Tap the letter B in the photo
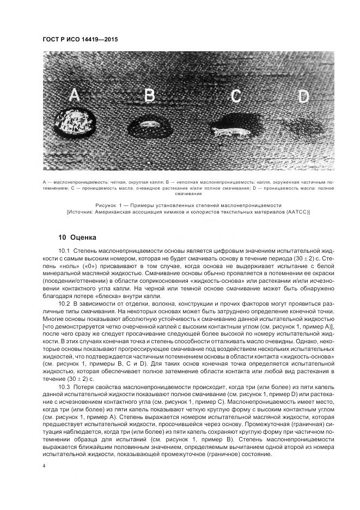[x=149, y=96]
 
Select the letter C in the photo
[x=235, y=96]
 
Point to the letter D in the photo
[x=303, y=97]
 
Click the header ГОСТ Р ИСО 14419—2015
[x=80, y=40]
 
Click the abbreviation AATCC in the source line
[x=295, y=212]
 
